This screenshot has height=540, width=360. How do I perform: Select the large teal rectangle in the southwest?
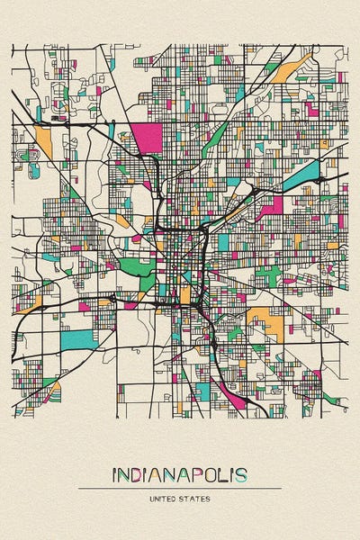point(76,339)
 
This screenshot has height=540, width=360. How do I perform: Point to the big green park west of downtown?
point(136,268)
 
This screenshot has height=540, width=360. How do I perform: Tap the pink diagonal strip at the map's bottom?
point(229,396)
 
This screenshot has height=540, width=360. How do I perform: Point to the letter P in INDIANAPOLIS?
point(199,474)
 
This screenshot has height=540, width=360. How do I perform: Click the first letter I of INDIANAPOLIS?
point(114,474)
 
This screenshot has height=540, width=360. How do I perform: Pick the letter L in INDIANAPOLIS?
point(226,474)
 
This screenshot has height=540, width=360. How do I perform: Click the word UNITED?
point(165,498)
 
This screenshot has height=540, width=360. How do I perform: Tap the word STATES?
point(196,498)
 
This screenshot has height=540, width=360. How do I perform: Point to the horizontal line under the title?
point(180,489)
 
